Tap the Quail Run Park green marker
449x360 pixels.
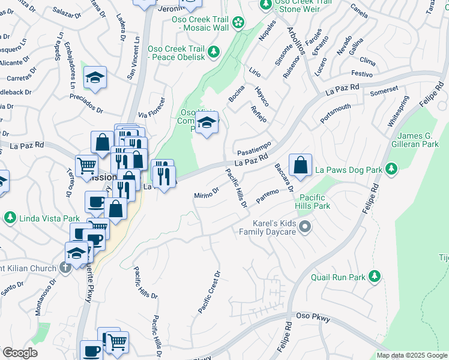pyautogui.click(x=375, y=276)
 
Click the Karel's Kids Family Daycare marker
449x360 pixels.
pyautogui.click(x=306, y=227)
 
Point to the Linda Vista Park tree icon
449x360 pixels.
pyautogui.click(x=10, y=216)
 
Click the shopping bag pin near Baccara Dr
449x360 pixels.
pyautogui.click(x=300, y=165)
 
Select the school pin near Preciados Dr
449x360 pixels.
pyautogui.click(x=95, y=78)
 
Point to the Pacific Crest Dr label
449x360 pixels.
pyautogui.click(x=210, y=292)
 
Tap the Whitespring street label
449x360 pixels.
pyautogui.click(x=399, y=111)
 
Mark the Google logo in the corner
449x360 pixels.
pyautogui.click(x=20, y=353)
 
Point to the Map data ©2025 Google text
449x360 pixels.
pyautogui.click(x=412, y=355)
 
